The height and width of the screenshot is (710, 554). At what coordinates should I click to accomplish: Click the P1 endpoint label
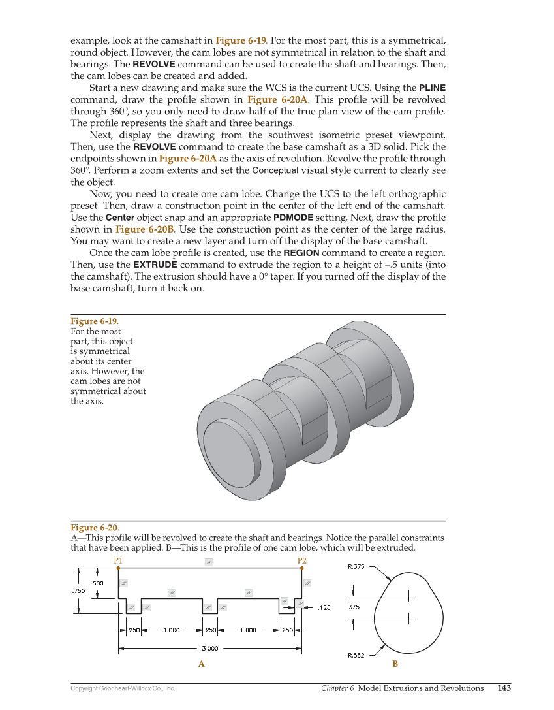[x=118, y=561]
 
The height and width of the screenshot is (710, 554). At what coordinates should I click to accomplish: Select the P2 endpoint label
[x=302, y=561]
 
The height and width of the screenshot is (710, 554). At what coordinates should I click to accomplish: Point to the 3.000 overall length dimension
[x=209, y=649]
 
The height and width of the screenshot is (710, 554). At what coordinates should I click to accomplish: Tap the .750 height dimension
[x=78, y=590]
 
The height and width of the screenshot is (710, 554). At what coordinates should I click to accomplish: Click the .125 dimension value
[x=324, y=608]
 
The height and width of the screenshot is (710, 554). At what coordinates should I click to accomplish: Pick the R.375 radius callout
[x=356, y=567]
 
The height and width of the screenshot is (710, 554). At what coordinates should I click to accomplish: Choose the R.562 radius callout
[x=356, y=655]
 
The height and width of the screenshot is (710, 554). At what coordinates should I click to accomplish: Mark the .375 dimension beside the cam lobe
[x=353, y=607]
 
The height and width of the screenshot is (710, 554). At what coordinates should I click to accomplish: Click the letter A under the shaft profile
[x=202, y=664]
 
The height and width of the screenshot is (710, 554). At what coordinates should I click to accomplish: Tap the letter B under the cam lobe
[x=395, y=664]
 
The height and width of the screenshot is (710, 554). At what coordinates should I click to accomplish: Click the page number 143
[x=504, y=688]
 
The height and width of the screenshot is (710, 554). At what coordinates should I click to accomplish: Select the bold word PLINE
[x=432, y=88]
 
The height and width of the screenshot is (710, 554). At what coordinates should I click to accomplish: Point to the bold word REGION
[x=301, y=253]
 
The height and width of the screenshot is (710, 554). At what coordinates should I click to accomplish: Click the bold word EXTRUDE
[x=155, y=265]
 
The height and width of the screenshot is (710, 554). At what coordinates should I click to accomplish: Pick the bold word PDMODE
[x=293, y=217]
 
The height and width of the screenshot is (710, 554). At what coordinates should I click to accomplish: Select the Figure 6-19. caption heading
[x=95, y=321]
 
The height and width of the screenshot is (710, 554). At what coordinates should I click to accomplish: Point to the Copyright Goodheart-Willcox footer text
[x=123, y=688]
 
